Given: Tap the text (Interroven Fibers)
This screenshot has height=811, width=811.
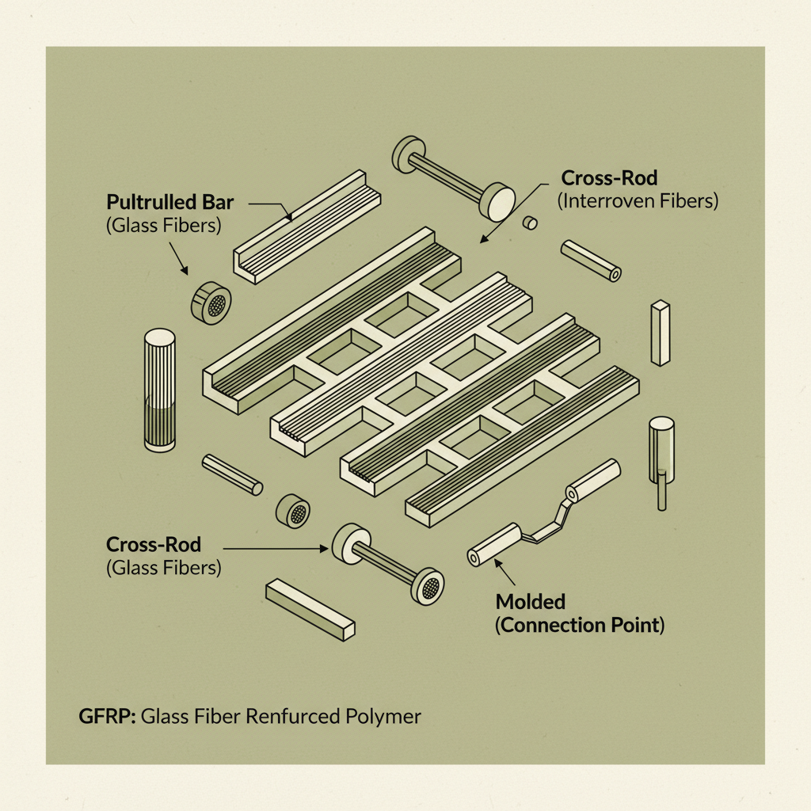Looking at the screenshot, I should pyautogui.click(x=638, y=201).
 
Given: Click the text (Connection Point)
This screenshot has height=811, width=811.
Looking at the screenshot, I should pyautogui.click(x=580, y=625).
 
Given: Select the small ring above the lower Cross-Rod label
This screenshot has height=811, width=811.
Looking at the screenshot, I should pyautogui.click(x=293, y=512).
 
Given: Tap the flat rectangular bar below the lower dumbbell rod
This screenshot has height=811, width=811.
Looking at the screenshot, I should pyautogui.click(x=310, y=608).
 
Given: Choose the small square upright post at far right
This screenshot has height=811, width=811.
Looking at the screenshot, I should pyautogui.click(x=660, y=333).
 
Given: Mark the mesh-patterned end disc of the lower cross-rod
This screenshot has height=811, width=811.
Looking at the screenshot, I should pyautogui.click(x=428, y=587).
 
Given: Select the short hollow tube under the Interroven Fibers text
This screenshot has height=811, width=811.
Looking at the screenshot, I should pyautogui.click(x=591, y=261).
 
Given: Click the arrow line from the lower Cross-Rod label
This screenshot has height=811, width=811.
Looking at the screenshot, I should pyautogui.click(x=273, y=546).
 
